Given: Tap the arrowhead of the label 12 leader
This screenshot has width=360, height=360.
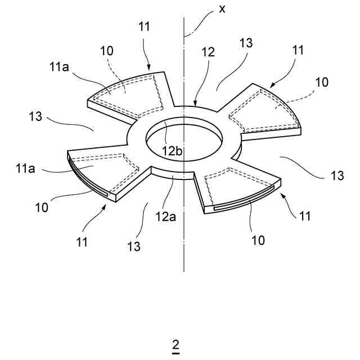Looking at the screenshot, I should [194, 105].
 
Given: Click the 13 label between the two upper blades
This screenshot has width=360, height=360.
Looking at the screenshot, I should [245, 43].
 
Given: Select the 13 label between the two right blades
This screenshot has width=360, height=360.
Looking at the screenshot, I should [336, 176].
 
